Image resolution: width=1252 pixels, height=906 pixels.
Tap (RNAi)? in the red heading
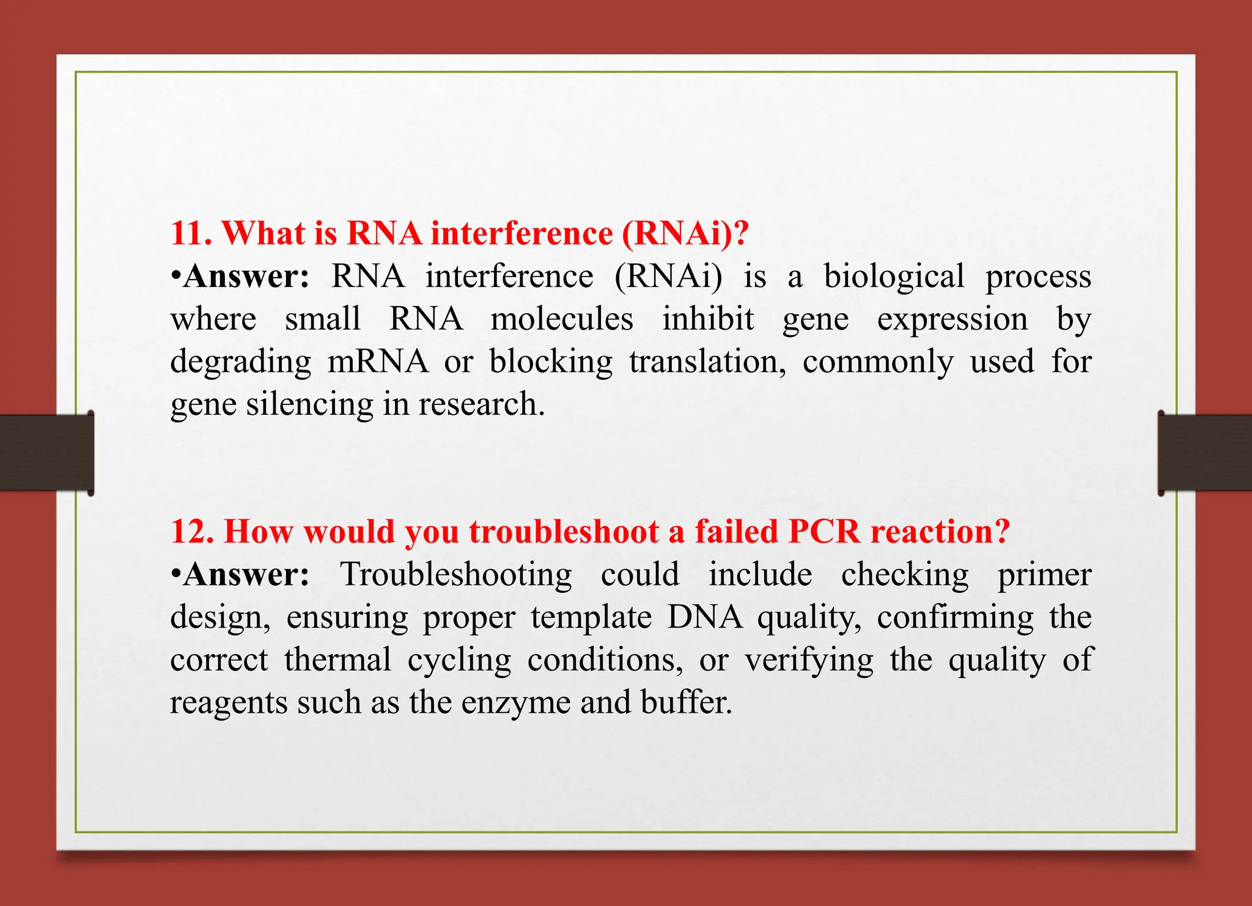pos(685,234)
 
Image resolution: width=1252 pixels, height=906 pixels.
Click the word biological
pos(894,277)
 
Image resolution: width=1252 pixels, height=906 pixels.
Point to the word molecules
pos(562,319)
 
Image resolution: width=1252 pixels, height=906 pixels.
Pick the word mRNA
pos(378,362)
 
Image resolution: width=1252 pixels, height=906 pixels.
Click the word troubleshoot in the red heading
pos(564,532)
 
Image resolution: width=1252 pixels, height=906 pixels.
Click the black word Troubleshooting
pos(456,575)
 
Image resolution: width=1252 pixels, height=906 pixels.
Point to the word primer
pos(1044,575)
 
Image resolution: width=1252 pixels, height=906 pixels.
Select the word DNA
pos(705,617)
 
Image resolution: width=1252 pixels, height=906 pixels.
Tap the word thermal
pos(337,660)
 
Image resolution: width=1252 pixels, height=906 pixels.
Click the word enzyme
pos(515,703)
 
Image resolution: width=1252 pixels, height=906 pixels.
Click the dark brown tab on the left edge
pos(46,452)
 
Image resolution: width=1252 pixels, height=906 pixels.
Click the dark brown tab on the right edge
pos(1205,452)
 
